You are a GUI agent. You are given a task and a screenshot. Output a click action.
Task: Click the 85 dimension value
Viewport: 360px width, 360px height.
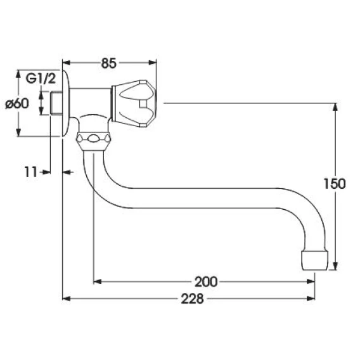point(109,63)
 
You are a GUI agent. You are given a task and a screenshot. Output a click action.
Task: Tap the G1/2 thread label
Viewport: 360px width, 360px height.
point(41,79)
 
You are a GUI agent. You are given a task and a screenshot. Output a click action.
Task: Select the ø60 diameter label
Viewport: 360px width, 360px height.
point(17,103)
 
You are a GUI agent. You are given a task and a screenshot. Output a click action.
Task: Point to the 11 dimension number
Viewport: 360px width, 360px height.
point(31,172)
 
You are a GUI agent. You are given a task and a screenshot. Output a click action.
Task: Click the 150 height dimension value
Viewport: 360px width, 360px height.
point(335,184)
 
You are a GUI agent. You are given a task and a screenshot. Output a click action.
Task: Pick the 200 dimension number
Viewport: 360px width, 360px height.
point(206,281)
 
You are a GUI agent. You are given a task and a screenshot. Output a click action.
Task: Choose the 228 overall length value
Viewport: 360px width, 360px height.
point(193,299)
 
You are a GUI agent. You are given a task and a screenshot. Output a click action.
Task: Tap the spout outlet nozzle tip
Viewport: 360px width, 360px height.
point(314,260)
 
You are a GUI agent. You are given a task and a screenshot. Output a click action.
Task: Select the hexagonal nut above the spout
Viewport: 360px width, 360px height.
point(93,141)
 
